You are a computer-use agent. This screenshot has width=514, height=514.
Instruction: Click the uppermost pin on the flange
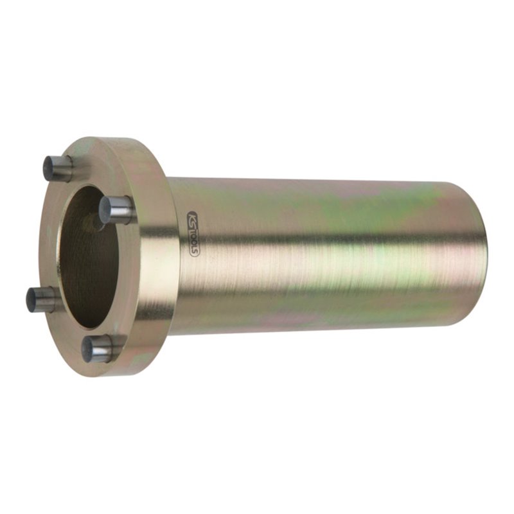(x=58, y=168)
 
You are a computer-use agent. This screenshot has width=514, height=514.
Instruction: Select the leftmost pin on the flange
(x=42, y=299)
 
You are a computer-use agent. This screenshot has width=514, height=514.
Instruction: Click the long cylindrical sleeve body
(x=321, y=257)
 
